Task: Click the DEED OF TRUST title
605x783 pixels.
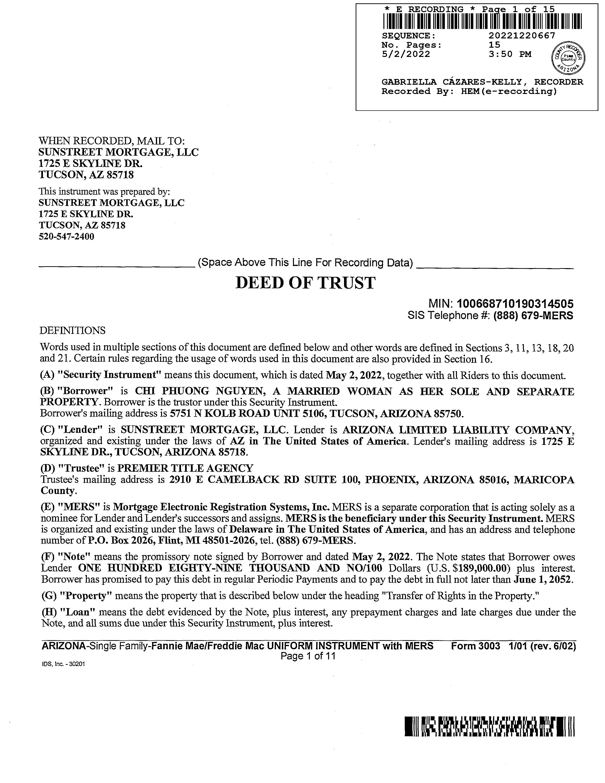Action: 305,283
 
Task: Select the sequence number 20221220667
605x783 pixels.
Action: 521,36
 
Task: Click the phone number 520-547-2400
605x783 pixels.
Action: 66,237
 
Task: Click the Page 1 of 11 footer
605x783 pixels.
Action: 308,656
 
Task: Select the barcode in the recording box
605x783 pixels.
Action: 482,21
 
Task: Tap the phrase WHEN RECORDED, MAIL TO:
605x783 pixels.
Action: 112,141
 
